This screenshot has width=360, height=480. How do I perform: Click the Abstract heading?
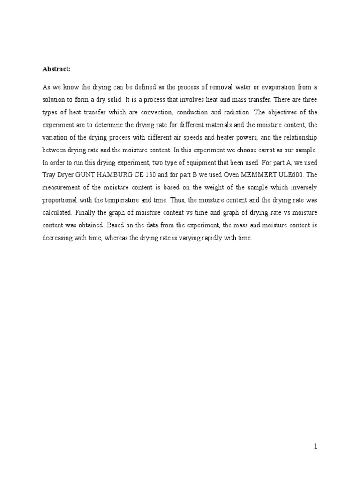56,69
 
